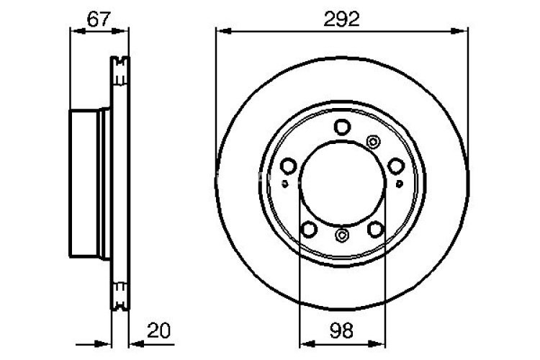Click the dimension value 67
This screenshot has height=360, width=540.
tap(99, 19)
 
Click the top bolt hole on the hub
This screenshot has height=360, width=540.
tap(342, 127)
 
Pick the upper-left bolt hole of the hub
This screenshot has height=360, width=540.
tap(288, 166)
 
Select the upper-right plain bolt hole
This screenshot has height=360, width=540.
tap(395, 166)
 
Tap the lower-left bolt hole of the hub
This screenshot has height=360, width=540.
tap(309, 229)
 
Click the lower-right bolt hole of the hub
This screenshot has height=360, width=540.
tap(375, 229)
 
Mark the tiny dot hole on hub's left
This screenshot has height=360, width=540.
tap(286, 183)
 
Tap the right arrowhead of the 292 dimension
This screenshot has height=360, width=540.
tap(462, 31)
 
